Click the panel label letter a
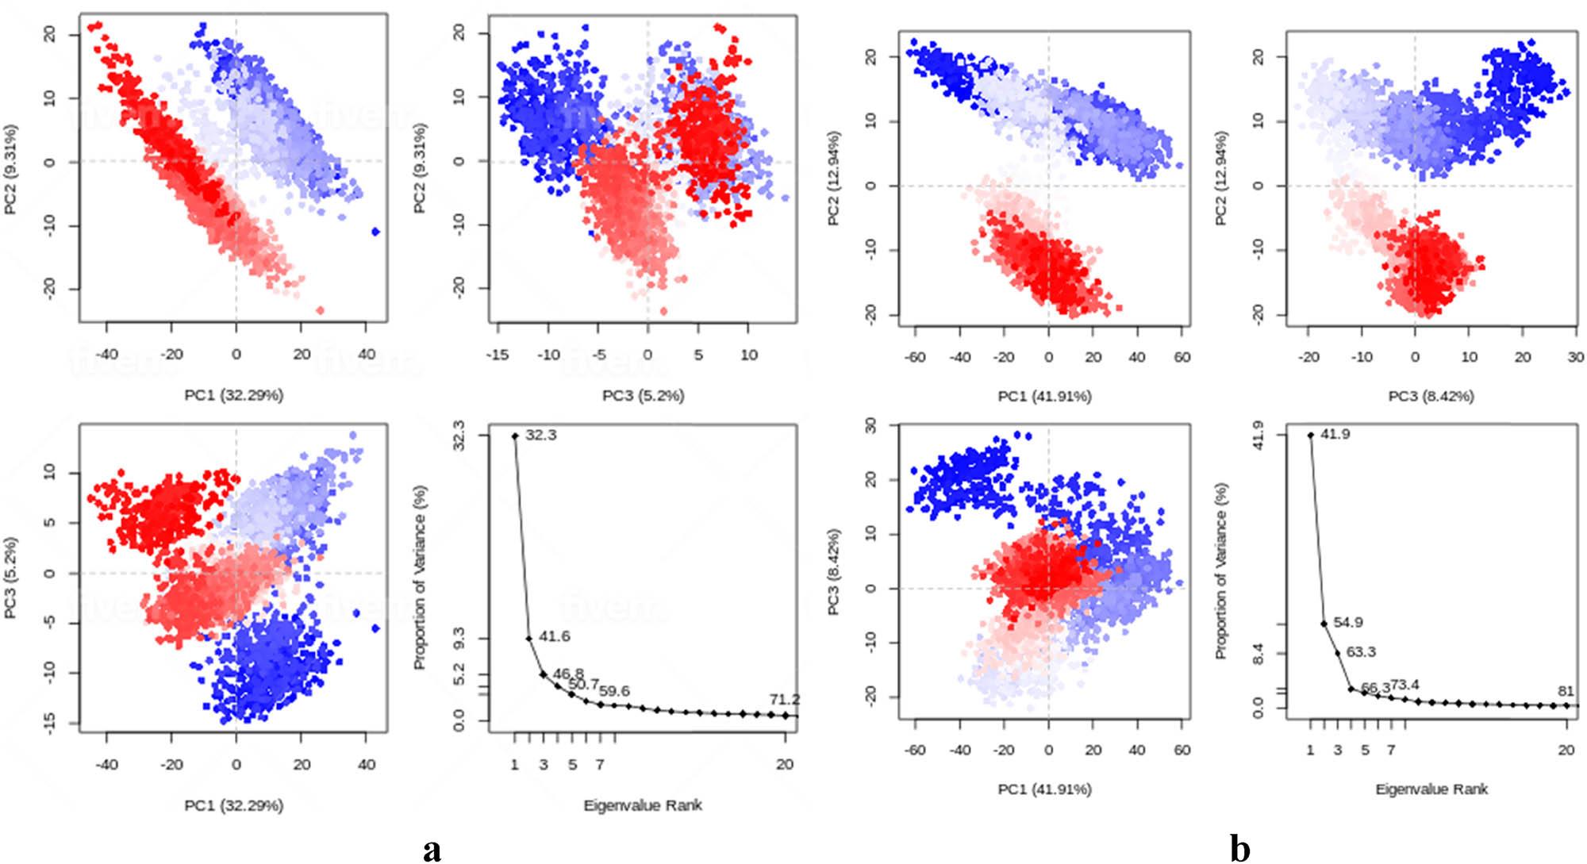point(432,848)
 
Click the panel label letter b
point(1240,848)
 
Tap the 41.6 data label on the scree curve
point(555,636)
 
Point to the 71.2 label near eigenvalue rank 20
point(784,699)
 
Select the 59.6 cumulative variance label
point(615,691)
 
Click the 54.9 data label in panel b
point(1348,622)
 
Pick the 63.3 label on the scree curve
point(1361,652)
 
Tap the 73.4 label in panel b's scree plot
point(1404,684)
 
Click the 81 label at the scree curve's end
point(1566,691)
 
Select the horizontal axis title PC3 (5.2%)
point(643,395)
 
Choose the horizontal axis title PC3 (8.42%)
point(1431,395)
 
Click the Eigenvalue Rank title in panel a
point(643,805)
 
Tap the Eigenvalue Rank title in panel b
point(1431,789)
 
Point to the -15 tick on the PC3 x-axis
point(498,355)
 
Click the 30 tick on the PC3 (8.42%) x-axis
point(1576,357)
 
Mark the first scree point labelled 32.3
point(515,436)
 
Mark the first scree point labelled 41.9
point(1310,435)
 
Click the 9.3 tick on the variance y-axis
point(459,639)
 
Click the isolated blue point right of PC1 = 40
point(375,232)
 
